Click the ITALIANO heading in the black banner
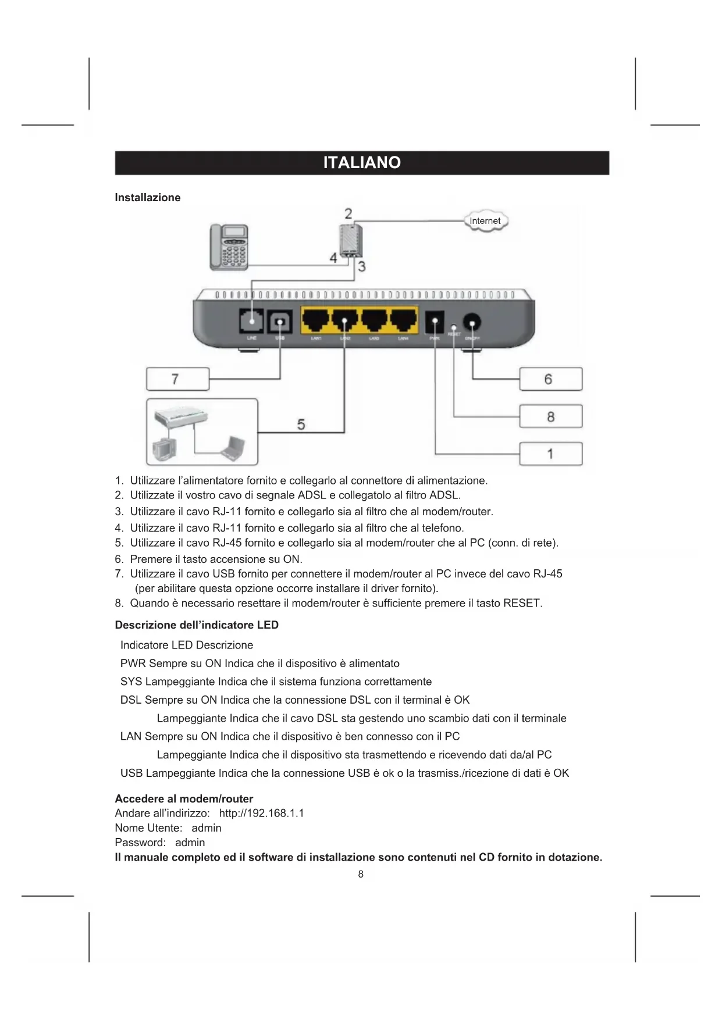point(362,162)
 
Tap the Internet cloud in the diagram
point(485,221)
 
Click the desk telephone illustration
point(229,247)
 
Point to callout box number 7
point(177,379)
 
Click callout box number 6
point(550,379)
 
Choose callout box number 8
point(550,417)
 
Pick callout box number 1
point(550,454)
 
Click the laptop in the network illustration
point(233,448)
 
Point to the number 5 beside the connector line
point(301,425)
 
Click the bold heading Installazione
point(148,198)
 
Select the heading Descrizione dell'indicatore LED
point(197,625)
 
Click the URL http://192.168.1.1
point(261,813)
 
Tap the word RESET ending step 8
point(522,603)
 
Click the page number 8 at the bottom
point(361,874)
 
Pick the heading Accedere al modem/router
point(184,798)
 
